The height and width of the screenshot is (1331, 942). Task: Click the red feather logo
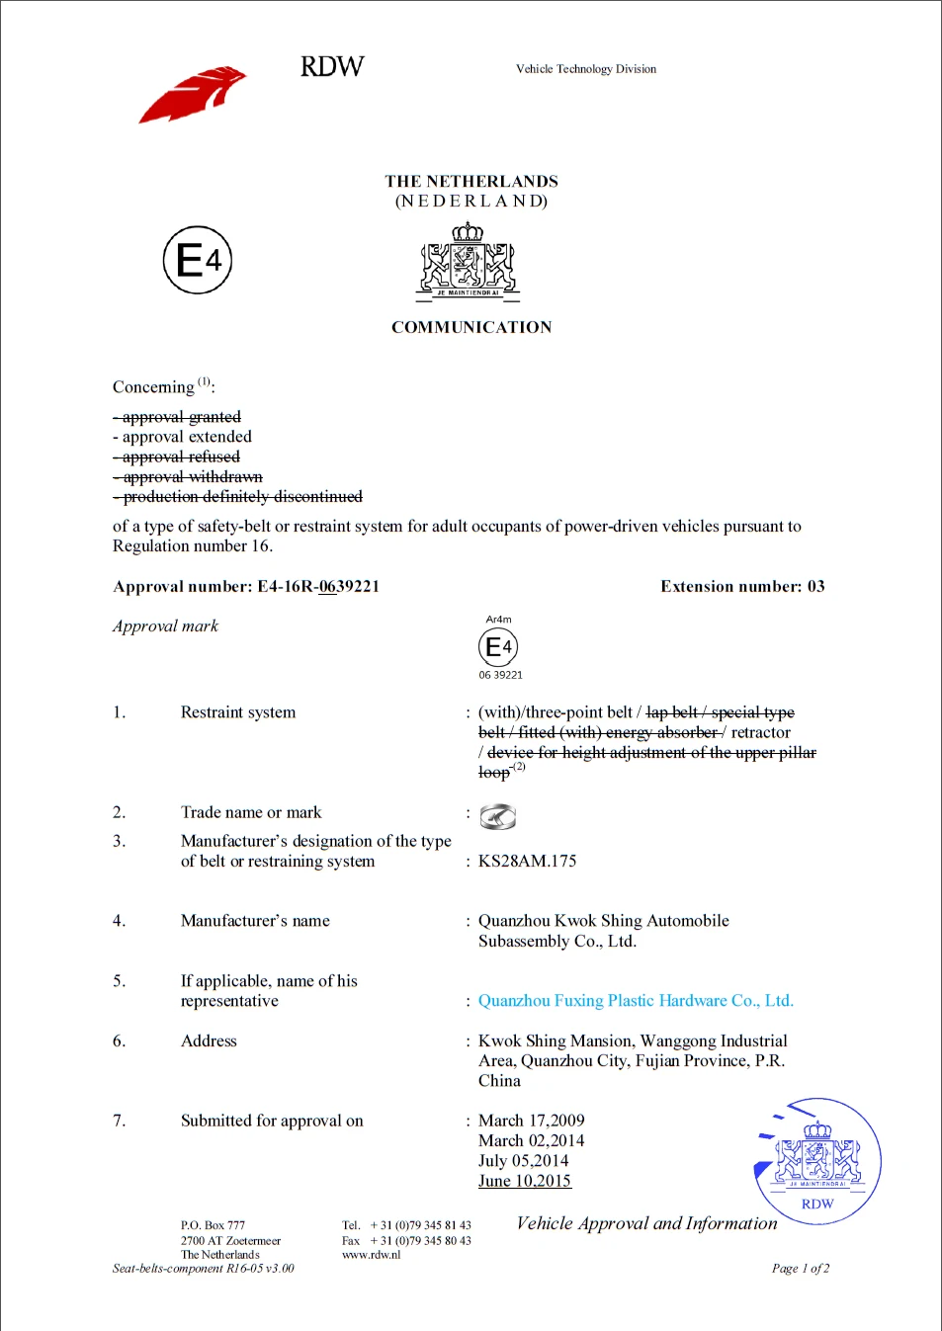[192, 95]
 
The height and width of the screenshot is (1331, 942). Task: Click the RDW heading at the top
[332, 66]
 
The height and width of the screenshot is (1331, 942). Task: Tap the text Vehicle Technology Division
[585, 69]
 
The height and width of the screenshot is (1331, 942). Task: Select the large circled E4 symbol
[198, 260]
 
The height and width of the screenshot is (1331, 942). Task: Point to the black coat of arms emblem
[468, 261]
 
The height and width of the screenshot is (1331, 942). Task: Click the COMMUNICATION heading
[471, 327]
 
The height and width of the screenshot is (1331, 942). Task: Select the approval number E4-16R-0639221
[317, 587]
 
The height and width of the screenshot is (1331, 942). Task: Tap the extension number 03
[815, 587]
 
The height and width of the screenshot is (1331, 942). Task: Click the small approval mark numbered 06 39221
[498, 648]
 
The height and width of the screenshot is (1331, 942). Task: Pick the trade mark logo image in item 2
[497, 817]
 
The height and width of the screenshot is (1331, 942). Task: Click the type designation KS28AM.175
[527, 862]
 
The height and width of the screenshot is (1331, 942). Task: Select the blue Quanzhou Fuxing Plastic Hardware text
[636, 1001]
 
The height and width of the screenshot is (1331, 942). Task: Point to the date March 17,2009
[531, 1121]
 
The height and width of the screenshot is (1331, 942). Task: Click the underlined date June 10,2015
[524, 1181]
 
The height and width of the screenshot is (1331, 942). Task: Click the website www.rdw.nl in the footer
[371, 1255]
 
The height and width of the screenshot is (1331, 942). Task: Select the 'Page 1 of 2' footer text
[800, 1269]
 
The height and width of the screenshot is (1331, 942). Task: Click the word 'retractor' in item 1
[760, 733]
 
